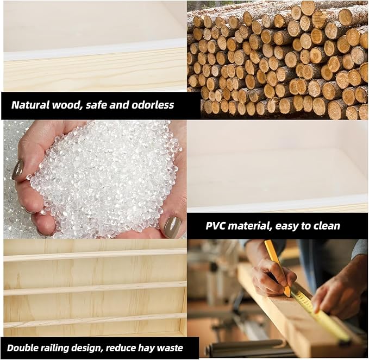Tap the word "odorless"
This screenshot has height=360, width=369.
point(153,105)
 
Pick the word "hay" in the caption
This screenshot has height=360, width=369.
point(146,348)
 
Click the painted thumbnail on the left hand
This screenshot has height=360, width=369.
point(18,169)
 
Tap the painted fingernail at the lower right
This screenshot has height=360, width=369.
point(172,227)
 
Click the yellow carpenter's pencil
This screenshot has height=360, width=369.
point(278,268)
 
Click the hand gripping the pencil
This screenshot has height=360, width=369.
point(273,277)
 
